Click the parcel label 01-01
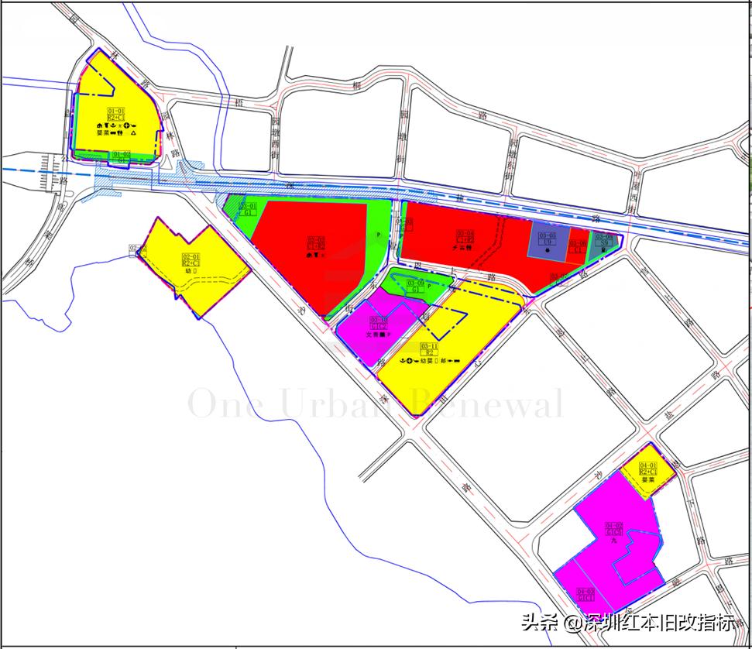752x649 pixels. [115, 112]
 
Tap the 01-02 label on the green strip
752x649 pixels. [122, 155]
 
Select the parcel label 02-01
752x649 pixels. [190, 257]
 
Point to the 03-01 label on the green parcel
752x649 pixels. [248, 206]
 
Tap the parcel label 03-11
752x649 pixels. [429, 346]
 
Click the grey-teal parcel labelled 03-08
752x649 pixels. [604, 238]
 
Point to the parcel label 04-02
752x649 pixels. [614, 524]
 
